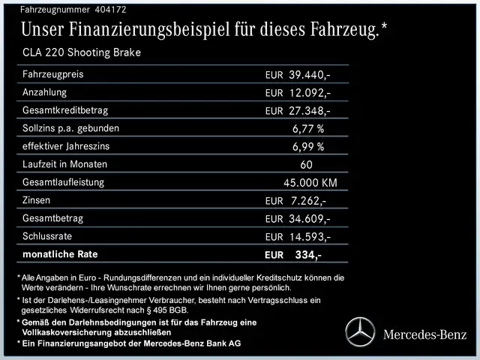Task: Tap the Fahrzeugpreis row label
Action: [53, 74]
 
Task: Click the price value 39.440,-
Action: [310, 75]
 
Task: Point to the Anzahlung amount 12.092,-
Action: [310, 93]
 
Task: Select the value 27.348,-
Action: [310, 111]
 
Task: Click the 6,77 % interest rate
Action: [308, 129]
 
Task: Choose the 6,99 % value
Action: [308, 147]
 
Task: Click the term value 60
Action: [307, 165]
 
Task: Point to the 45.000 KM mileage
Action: [310, 183]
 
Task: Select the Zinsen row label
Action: [37, 200]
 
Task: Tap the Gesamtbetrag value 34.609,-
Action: [310, 219]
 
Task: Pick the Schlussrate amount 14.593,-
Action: [310, 237]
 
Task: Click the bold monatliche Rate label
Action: [60, 254]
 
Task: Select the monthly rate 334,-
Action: [308, 255]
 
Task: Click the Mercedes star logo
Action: [361, 332]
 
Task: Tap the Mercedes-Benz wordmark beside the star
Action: [424, 333]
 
